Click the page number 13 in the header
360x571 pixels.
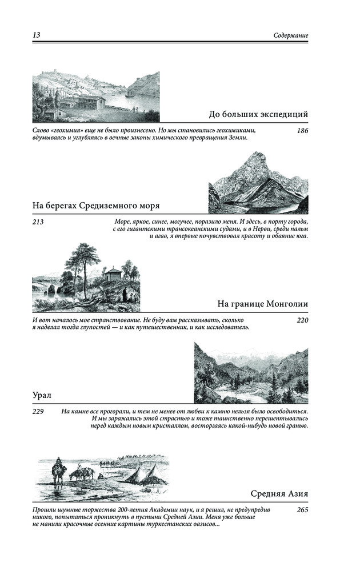coord(36,35)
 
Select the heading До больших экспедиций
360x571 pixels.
coord(259,114)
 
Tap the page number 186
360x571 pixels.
coord(303,131)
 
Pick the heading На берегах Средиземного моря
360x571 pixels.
coord(96,206)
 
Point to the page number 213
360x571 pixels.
coord(38,221)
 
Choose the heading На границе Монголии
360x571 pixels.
coord(263,304)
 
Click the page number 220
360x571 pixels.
coord(303,320)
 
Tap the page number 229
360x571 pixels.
coord(38,411)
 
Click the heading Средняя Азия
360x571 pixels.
coord(279,493)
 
